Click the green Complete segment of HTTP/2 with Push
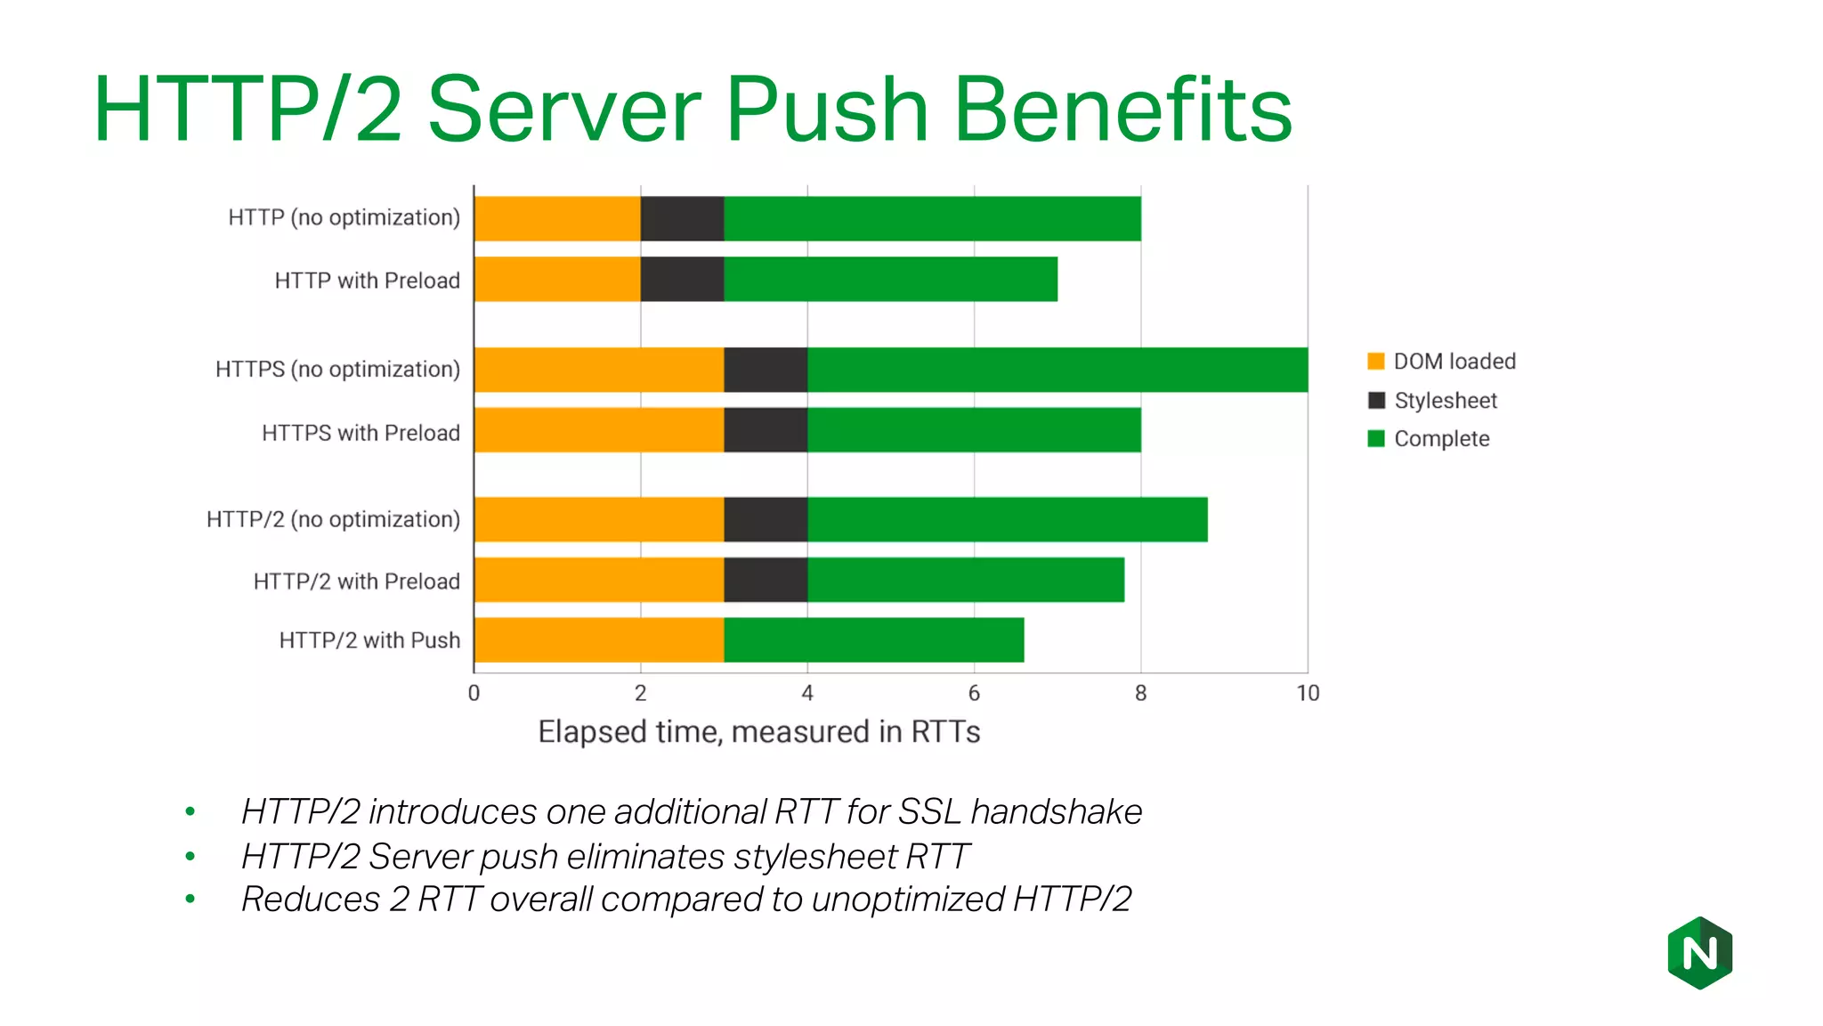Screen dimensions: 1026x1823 click(873, 640)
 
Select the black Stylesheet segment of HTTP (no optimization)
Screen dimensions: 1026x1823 click(682, 219)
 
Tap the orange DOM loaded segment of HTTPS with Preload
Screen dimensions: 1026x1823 click(598, 430)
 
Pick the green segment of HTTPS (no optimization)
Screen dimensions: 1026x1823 click(1057, 370)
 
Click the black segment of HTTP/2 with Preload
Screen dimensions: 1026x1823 click(766, 580)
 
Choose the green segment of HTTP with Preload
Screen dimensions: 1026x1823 click(890, 280)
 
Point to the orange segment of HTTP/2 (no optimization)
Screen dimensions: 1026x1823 click(598, 519)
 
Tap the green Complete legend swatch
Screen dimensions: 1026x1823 click(1376, 439)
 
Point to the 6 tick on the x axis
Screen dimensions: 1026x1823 click(974, 693)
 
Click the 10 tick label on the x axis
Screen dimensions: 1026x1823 click(1307, 693)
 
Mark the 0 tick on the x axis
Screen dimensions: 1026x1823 click(474, 693)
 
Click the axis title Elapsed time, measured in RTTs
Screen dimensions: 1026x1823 click(758, 732)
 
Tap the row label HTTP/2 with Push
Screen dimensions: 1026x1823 click(369, 640)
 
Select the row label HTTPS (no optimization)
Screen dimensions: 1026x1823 click(337, 370)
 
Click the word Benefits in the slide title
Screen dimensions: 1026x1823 click(1122, 110)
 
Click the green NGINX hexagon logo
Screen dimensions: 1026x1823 click(1699, 953)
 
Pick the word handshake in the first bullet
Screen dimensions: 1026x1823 click(1056, 812)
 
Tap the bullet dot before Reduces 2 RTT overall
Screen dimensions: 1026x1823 click(190, 900)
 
